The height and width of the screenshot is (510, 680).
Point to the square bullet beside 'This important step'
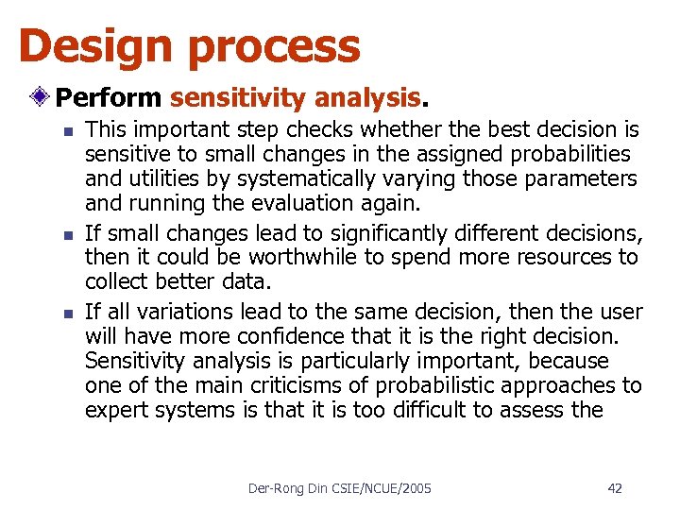coord(63,130)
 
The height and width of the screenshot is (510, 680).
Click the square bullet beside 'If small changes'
coord(63,232)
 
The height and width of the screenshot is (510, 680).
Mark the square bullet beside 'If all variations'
coord(63,312)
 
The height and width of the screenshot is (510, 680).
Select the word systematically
coord(294,179)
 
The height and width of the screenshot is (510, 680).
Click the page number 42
coord(615,488)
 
